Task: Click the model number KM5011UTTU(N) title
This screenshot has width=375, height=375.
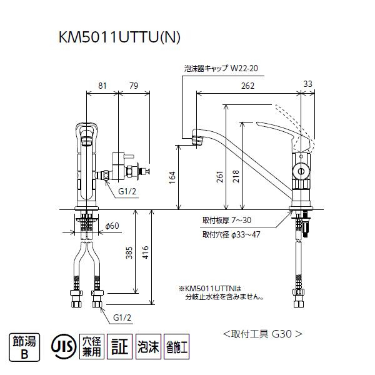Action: pyautogui.click(x=119, y=37)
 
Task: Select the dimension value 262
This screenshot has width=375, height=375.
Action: pyautogui.click(x=248, y=86)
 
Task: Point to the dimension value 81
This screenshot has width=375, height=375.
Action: pyautogui.click(x=102, y=86)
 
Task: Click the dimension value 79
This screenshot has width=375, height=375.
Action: pyautogui.click(x=134, y=86)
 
